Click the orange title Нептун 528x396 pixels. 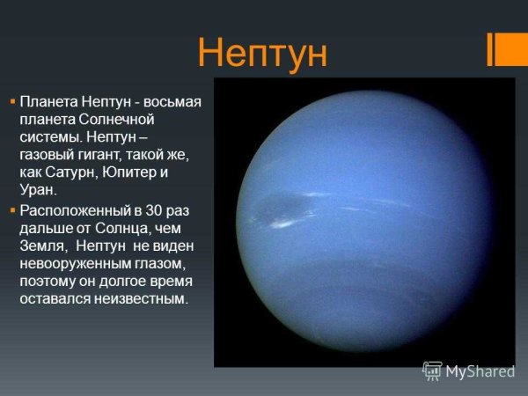pos(262,53)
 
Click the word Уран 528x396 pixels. pos(38,189)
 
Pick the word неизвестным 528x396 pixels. pos(136,299)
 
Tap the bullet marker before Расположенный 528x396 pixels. pos(12,211)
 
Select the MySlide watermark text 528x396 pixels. pos(480,371)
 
